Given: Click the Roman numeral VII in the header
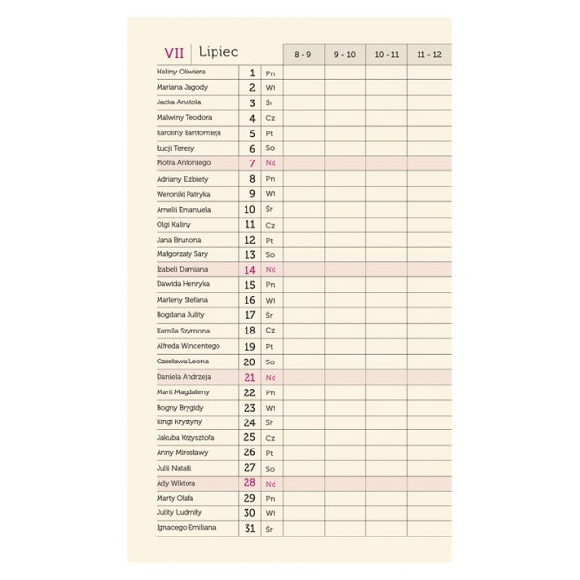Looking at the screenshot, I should point(174,53).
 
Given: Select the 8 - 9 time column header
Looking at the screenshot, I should point(303,54).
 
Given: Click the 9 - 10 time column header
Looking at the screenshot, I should point(345,54).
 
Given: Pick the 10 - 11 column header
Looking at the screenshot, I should point(387,54).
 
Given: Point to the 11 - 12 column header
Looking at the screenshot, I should point(429,54).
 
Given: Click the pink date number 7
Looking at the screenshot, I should point(252,163).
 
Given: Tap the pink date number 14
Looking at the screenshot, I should point(249,270).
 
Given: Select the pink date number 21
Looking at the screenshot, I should point(249,377).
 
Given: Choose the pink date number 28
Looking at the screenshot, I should point(249,483).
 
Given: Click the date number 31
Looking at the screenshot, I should point(249,529).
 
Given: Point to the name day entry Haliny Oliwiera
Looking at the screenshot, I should point(181,72).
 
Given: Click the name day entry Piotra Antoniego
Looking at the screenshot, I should point(184,163).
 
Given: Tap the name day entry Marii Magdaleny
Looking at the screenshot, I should point(183,391).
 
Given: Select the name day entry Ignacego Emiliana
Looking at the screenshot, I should point(186,529).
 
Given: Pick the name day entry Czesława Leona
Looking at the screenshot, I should point(182,362).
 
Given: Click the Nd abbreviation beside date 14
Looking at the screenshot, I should point(271,270).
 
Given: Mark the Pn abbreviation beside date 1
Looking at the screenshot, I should point(270,72).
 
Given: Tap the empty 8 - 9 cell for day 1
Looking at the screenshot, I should point(303,72).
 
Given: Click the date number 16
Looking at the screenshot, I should point(249,301).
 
